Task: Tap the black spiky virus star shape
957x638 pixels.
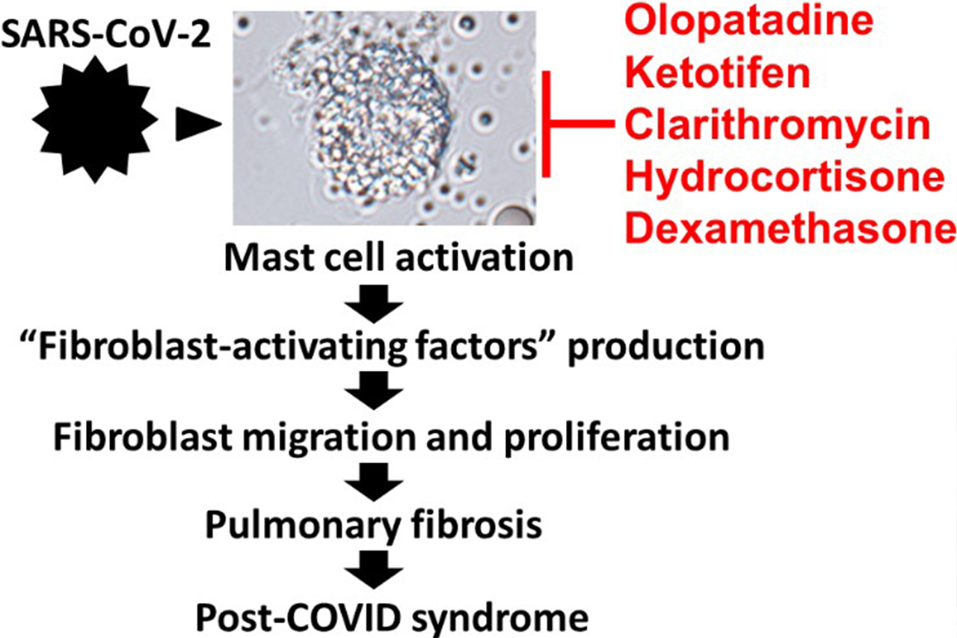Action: click(x=95, y=120)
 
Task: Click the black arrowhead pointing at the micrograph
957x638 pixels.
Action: click(x=199, y=124)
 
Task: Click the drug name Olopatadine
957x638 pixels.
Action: click(x=749, y=22)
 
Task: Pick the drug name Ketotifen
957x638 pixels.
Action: click(x=717, y=73)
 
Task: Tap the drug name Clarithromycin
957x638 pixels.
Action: click(x=778, y=127)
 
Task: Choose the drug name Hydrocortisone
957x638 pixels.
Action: click(x=784, y=178)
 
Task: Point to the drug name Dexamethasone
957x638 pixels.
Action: click(x=790, y=230)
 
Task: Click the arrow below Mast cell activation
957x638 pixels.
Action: click(x=374, y=304)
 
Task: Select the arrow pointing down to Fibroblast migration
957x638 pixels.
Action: click(x=374, y=390)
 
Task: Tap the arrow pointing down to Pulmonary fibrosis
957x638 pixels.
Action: click(x=374, y=482)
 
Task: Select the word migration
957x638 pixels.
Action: click(x=330, y=439)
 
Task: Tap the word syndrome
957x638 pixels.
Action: click(x=500, y=619)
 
